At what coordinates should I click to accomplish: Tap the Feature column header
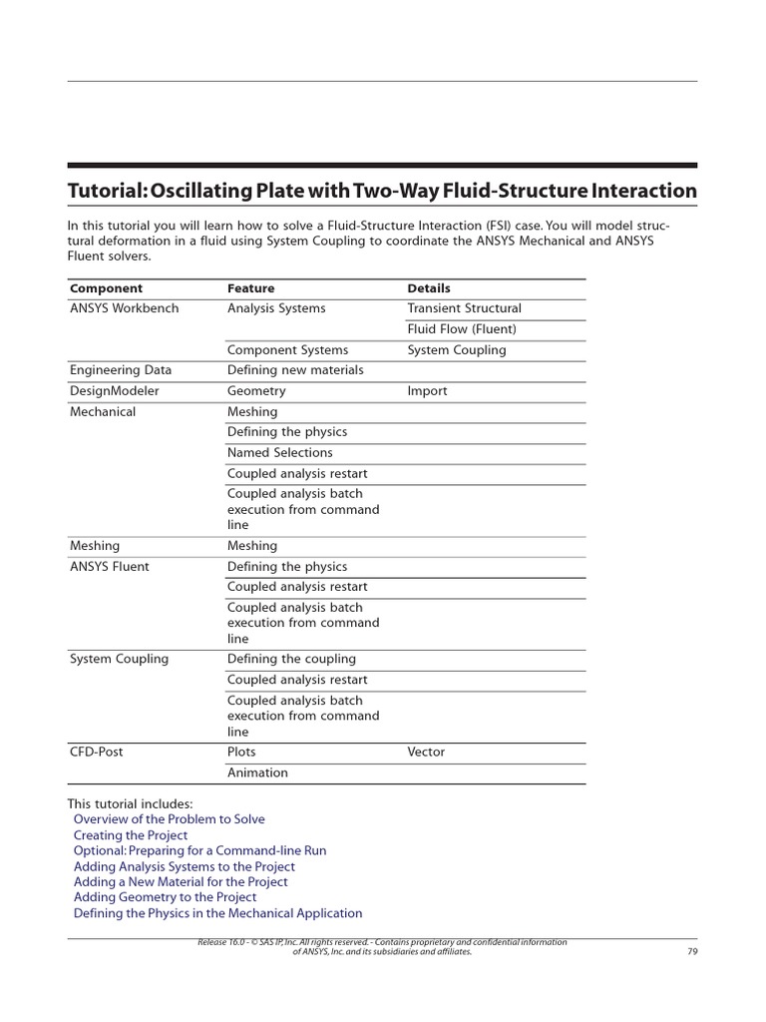(250, 288)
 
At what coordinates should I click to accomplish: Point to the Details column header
(429, 288)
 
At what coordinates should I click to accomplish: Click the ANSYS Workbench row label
(124, 308)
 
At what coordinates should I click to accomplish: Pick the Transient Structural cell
(464, 308)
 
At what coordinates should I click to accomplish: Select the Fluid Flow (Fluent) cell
(461, 329)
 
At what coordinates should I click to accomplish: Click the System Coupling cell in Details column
(456, 350)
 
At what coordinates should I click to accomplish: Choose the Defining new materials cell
(295, 370)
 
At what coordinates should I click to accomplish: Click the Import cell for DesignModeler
(427, 391)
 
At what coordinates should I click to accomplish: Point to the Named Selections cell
(279, 453)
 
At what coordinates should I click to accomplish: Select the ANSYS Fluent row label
(109, 567)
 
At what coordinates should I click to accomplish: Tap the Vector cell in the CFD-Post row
(426, 752)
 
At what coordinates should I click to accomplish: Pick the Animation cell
(257, 772)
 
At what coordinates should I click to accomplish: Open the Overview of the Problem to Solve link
(169, 819)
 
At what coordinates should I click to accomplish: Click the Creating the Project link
(130, 835)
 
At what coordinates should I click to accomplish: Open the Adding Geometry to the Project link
(165, 897)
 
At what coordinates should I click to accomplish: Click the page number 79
(692, 952)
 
